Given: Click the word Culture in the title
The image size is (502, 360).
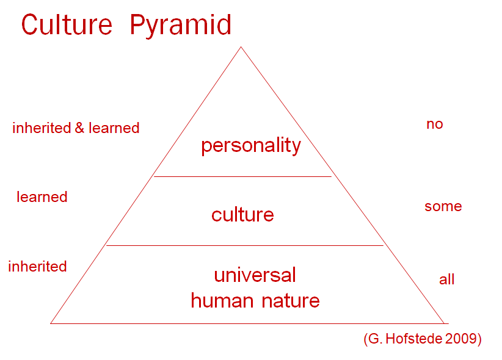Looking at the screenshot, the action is coord(67,24).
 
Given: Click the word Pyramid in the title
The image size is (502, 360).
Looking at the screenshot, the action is coord(181,26).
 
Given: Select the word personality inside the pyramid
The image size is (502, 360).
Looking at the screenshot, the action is coord(251,146).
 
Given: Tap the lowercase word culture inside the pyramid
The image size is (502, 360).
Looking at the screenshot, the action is coord(242,214).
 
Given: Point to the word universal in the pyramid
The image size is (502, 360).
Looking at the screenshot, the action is coord(255,275).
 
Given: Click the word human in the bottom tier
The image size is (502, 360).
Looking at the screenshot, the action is coord(222,300).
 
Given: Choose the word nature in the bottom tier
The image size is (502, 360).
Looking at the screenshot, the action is coord(291,301).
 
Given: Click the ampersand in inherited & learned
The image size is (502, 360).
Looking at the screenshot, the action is coord(79,128).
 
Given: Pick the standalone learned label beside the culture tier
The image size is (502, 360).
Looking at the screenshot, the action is coord(42,197).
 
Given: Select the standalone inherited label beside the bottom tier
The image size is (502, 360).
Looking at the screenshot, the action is coord(37,266).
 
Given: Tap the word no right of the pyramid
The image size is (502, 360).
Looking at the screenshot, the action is coord(435,124).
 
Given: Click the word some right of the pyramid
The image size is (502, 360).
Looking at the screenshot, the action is coord(443,206).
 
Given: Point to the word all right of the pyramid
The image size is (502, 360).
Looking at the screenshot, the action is coord(446,279).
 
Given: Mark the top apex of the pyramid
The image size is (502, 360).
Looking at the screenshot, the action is coord(241,47).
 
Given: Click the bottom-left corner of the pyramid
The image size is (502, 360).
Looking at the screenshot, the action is coord(51,323).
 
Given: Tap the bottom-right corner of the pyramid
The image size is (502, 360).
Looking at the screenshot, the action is coord(444,323).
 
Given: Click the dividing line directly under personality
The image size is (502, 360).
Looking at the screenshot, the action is coord(242,176).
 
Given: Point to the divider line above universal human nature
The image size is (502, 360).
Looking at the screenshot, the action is coord(245,245).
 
